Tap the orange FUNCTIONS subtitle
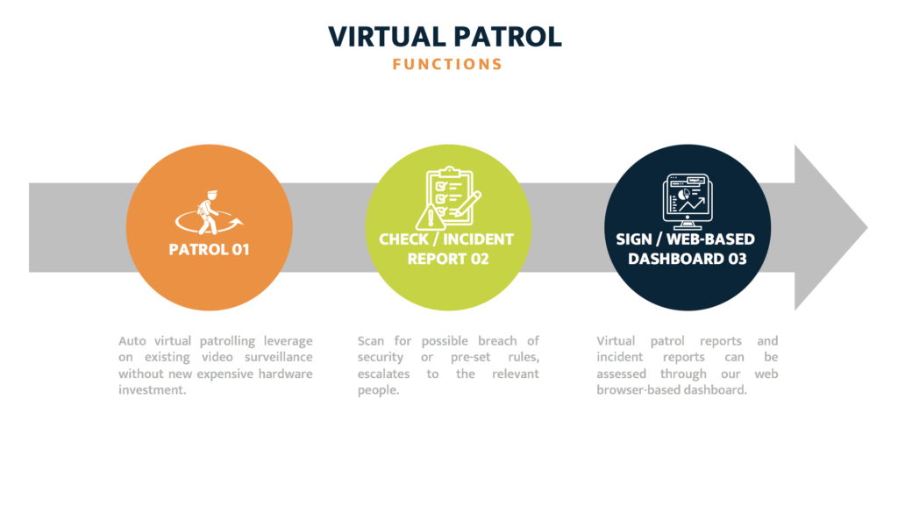(x=447, y=64)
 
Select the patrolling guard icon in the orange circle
(x=208, y=211)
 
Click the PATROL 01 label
(x=209, y=249)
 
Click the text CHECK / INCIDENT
(x=446, y=239)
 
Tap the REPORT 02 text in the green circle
(x=447, y=259)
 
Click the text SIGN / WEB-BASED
(x=686, y=239)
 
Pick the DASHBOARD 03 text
(x=687, y=259)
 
